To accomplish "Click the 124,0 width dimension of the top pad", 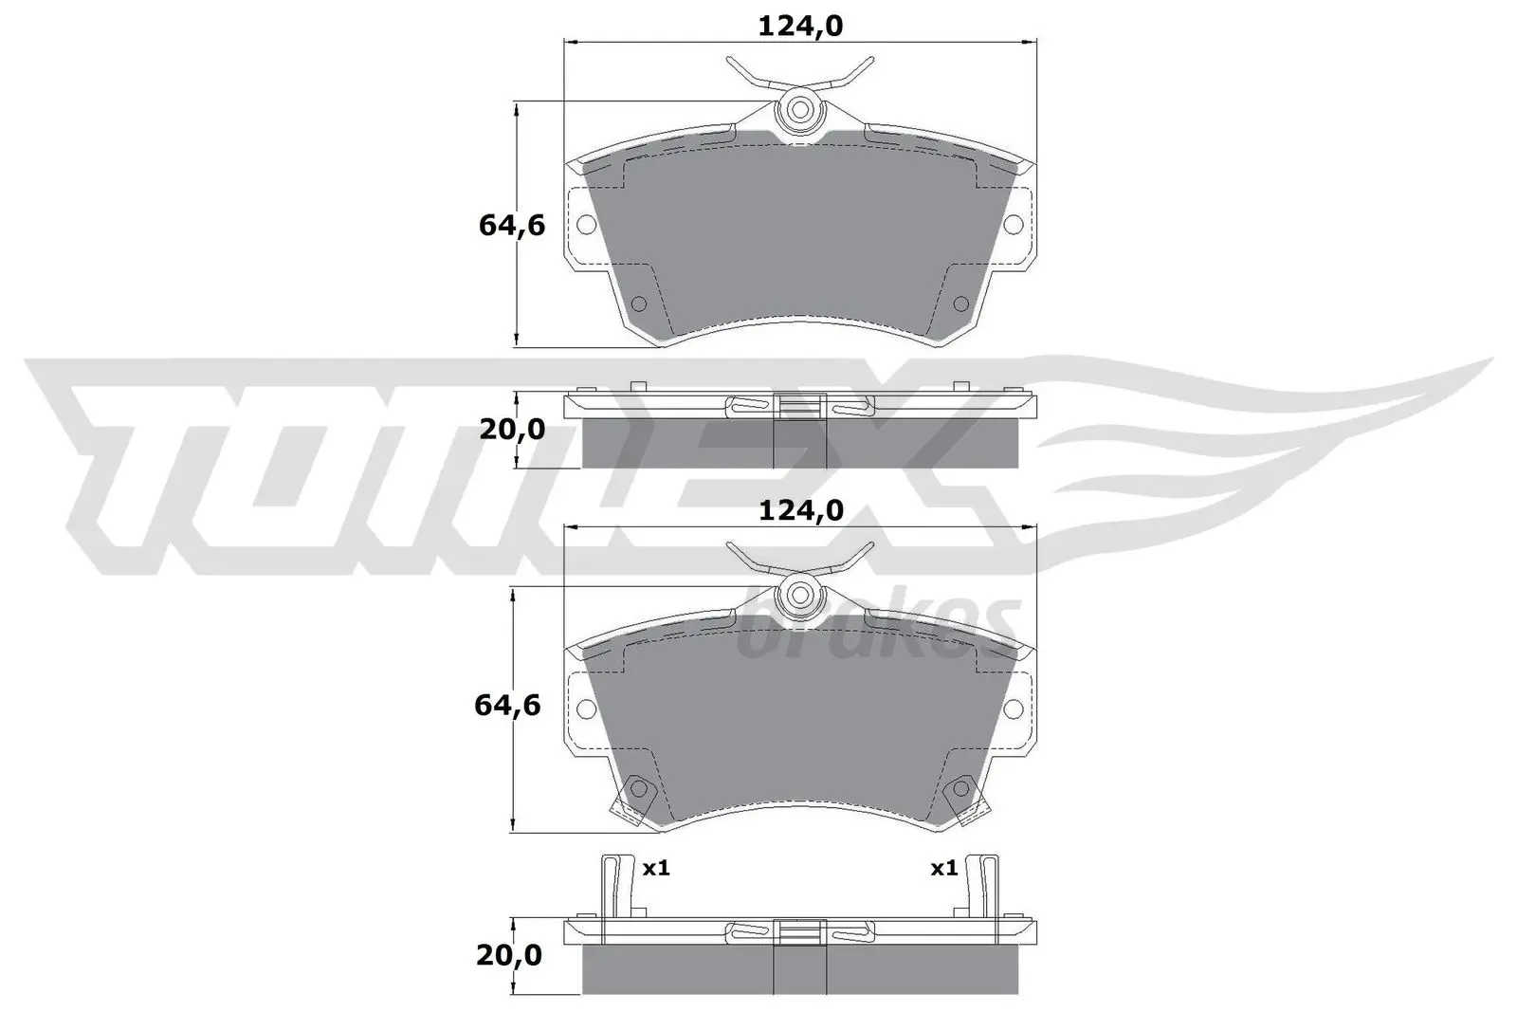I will click(800, 27).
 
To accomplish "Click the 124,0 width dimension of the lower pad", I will click(800, 512).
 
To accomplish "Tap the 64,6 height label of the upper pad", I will click(511, 226).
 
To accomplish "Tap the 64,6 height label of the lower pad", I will click(507, 706).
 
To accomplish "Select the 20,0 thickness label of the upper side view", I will click(512, 430).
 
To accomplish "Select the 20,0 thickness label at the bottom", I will click(509, 954).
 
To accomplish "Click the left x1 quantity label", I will click(656, 868).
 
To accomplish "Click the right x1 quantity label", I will click(943, 868).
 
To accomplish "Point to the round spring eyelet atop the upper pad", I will click(799, 110).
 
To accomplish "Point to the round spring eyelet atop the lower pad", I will click(799, 596).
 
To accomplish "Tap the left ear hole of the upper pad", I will click(586, 225).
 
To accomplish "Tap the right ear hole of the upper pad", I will click(1013, 225).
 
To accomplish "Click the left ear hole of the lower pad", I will click(586, 708).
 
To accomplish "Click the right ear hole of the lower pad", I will click(1013, 708).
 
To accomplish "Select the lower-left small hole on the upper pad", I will click(638, 304).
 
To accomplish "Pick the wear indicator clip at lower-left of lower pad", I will click(632, 797).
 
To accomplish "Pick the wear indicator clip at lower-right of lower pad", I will click(966, 797).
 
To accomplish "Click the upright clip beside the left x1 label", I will click(616, 886).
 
